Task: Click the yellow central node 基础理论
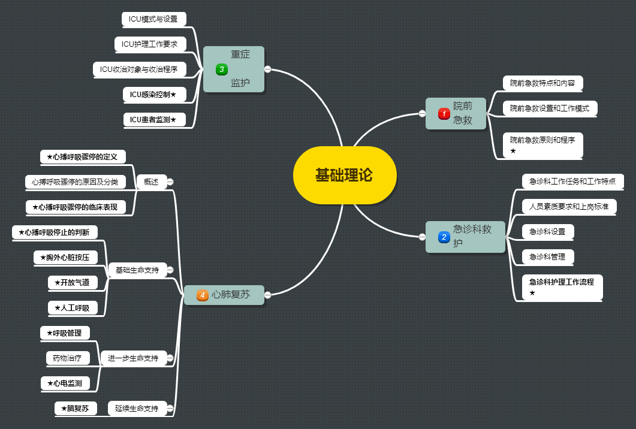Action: point(345,175)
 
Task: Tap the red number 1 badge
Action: point(444,113)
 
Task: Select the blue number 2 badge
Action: point(444,237)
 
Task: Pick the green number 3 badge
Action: point(222,70)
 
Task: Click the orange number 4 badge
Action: point(203,295)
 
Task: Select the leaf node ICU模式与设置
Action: point(153,19)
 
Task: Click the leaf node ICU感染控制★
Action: point(153,95)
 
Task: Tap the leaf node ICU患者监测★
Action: point(153,120)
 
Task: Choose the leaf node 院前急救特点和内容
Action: point(542,83)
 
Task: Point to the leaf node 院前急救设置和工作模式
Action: point(550,108)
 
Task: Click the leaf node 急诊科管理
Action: point(548,257)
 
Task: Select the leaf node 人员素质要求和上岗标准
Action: point(569,207)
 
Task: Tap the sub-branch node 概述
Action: point(151,182)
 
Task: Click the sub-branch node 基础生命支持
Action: point(137,270)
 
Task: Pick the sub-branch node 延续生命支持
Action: point(137,409)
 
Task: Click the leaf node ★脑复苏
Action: point(75,409)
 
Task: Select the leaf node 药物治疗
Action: point(68,358)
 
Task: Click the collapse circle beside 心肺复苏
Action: point(268,294)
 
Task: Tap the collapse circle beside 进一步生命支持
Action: point(170,358)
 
